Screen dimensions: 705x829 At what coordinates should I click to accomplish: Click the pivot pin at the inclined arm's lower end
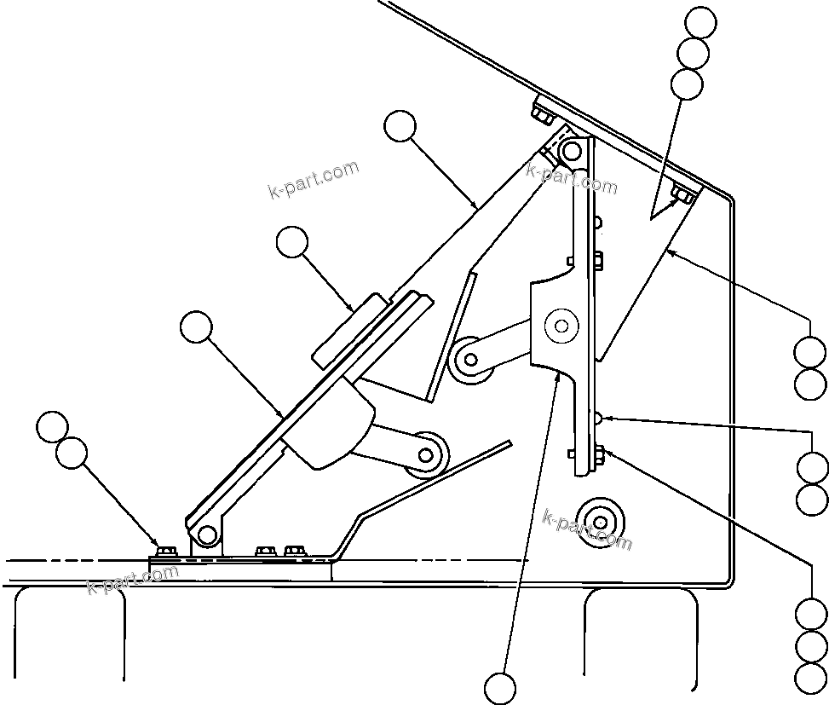205,535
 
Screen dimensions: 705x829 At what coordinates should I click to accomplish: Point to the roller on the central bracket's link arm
468,358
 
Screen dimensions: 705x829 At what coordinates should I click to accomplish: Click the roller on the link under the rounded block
427,454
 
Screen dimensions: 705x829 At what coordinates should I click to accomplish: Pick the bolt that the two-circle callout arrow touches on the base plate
164,550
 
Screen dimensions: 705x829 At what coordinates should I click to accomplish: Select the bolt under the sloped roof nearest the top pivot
542,114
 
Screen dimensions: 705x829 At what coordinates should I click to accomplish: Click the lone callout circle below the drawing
500,688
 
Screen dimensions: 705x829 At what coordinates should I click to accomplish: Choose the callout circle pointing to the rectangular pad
293,242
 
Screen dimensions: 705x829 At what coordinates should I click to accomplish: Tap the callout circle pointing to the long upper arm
400,127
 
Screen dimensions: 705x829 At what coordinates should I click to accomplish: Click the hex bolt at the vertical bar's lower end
598,452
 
